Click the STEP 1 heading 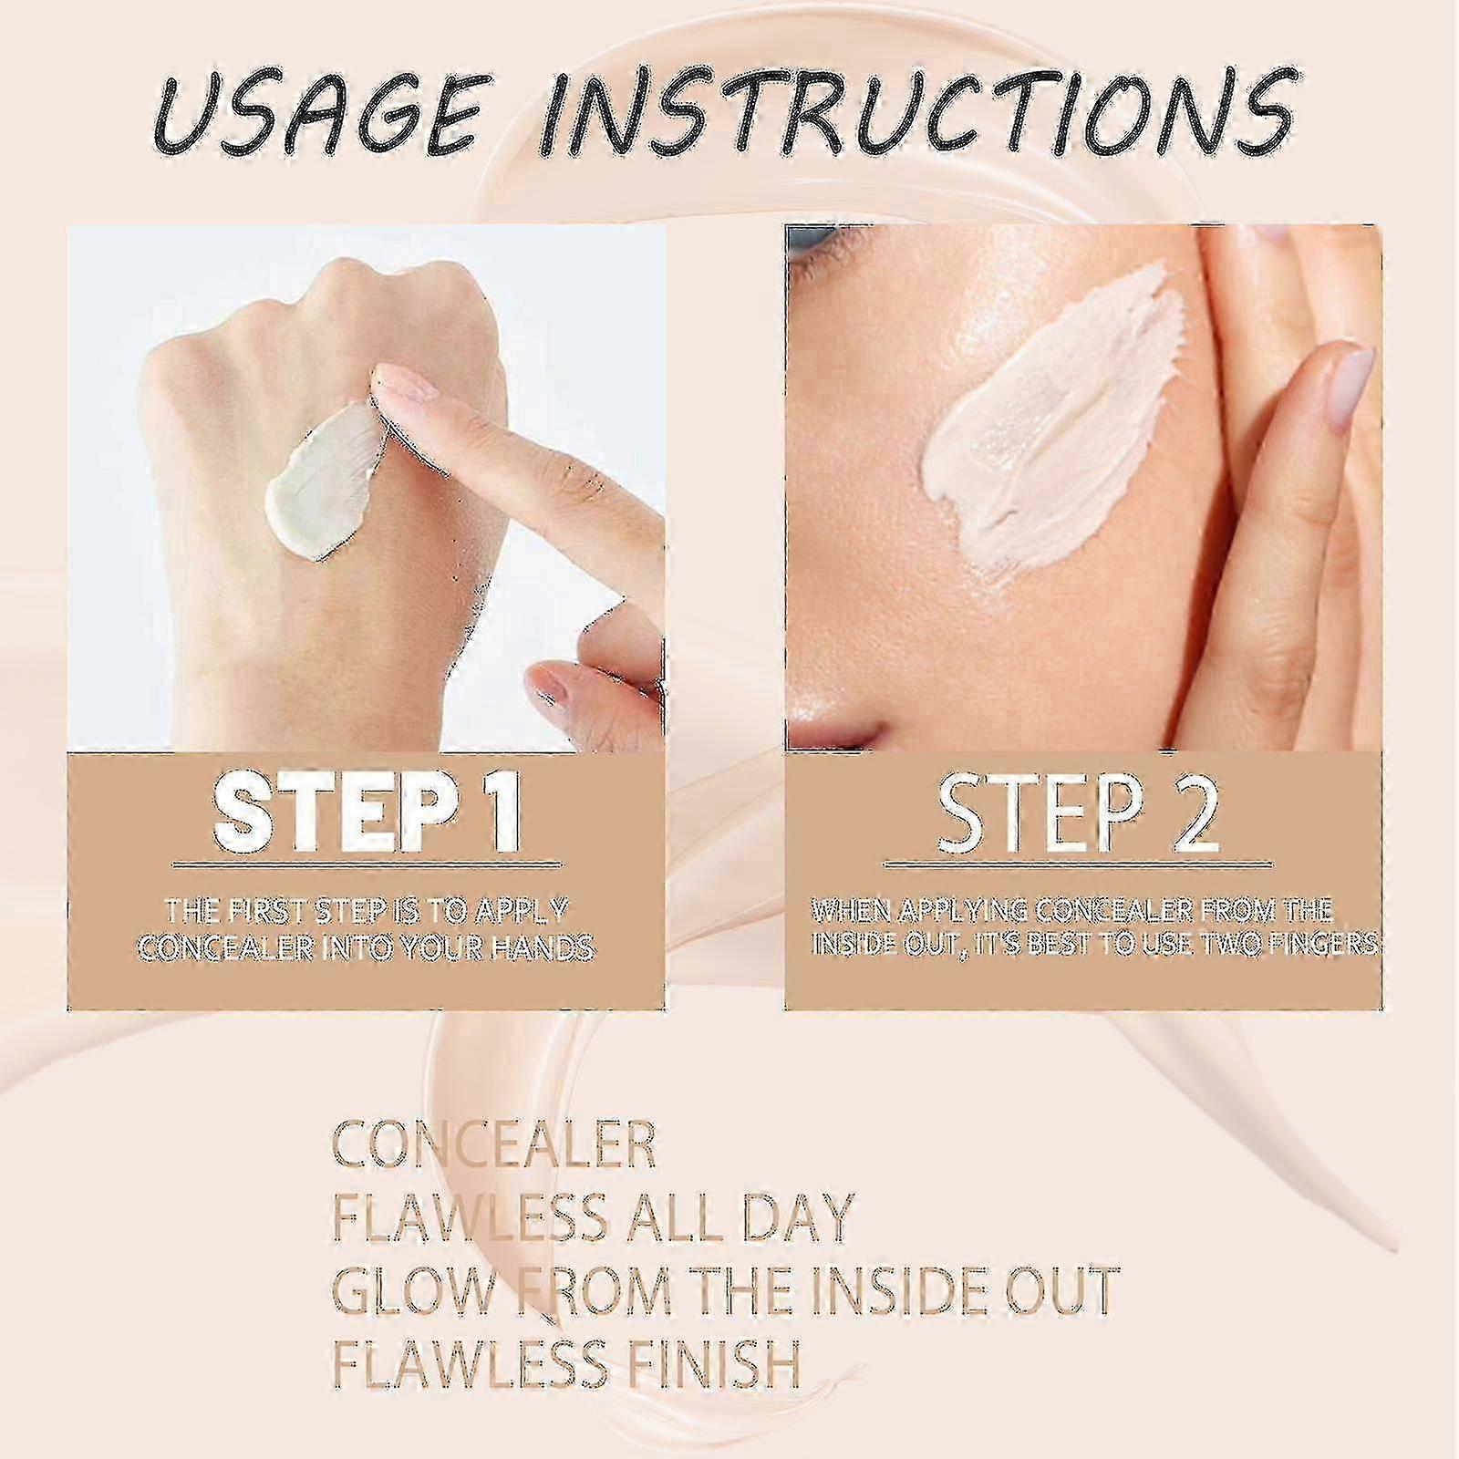click(367, 810)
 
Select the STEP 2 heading click(1078, 809)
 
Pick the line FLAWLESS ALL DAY click(592, 1216)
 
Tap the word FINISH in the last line click(702, 1359)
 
